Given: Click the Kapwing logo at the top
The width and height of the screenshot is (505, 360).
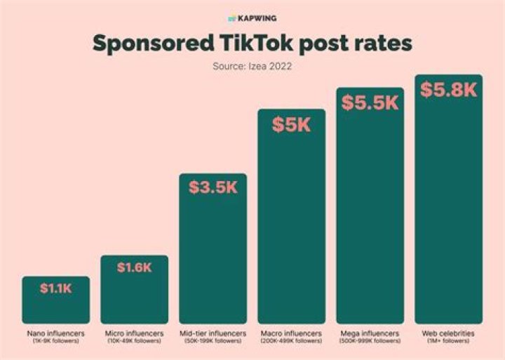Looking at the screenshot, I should tap(252, 17).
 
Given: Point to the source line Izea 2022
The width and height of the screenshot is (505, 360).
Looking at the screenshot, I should tap(252, 67).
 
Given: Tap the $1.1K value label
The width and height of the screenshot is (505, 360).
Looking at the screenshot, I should tap(55, 288).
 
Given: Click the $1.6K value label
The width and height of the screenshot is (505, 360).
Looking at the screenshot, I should tap(134, 267).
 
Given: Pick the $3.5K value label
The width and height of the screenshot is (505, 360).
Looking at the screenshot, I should tap(213, 187).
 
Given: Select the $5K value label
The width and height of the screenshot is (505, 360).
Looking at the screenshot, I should tap(291, 125).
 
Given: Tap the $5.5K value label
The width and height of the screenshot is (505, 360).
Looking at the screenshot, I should tap(370, 102).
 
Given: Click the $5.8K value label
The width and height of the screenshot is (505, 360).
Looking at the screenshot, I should tap(448, 90).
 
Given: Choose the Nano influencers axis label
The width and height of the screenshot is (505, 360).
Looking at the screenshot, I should tap(55, 333).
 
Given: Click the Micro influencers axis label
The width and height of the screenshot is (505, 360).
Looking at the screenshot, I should tap(134, 333).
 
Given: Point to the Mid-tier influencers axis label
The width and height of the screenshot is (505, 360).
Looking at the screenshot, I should tap(213, 333).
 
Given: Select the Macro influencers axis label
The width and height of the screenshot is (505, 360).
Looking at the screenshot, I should tap(291, 333).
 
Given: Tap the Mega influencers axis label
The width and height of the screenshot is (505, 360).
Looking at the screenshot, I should tap(370, 333).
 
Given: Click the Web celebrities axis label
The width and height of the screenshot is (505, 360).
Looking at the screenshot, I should tap(448, 333).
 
